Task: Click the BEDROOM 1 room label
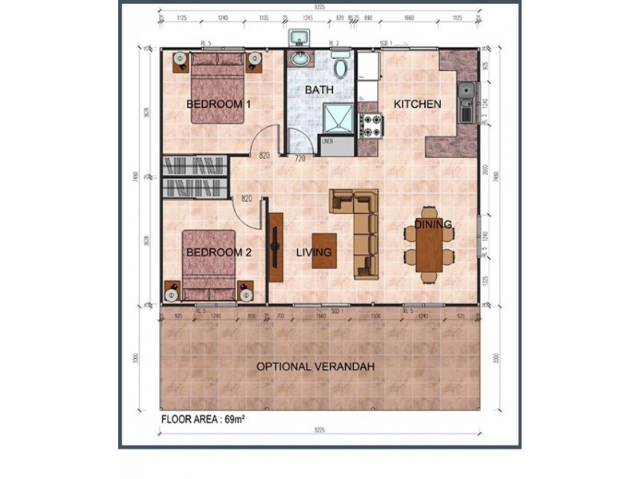[x=219, y=105]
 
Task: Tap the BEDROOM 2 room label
[x=219, y=252]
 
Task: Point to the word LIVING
[x=314, y=252]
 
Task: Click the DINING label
[x=433, y=225]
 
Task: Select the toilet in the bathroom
[x=341, y=66]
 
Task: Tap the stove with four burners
[x=372, y=124]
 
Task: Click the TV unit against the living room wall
[x=276, y=247]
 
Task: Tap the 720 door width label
[x=300, y=159]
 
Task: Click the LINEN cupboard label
[x=328, y=141]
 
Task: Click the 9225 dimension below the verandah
[x=319, y=430]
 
